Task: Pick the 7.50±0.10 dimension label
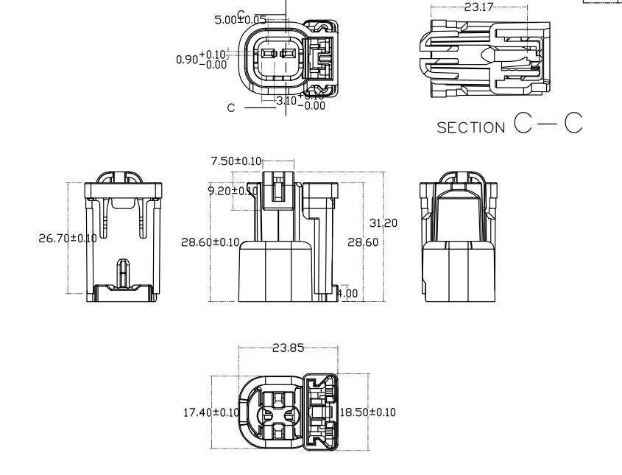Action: (x=236, y=161)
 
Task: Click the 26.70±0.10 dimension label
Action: (x=67, y=238)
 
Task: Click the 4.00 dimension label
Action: (x=347, y=293)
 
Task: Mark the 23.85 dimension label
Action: (x=288, y=348)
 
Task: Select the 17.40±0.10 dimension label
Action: (x=211, y=412)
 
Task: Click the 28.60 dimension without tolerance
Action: (x=361, y=242)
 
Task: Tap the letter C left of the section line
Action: (x=231, y=108)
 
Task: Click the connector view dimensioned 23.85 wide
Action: (x=289, y=412)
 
